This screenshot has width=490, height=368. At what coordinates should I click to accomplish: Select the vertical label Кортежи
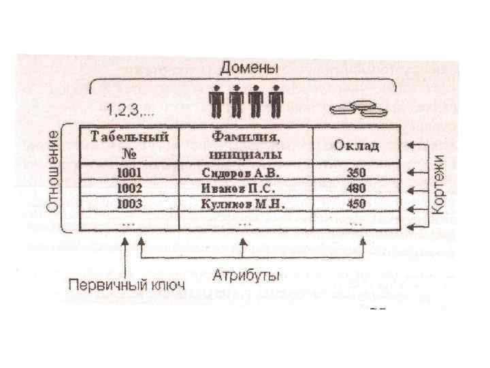coord(440,184)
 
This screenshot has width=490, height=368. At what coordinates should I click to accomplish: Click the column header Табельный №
coord(129,144)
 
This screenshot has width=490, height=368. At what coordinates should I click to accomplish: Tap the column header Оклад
coord(356,145)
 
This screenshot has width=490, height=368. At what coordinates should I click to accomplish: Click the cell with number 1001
coord(129,173)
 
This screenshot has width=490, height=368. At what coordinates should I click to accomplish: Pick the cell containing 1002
coord(129,188)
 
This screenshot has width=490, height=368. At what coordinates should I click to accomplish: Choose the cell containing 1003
coord(129,203)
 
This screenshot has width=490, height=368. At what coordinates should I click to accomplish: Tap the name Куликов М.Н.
coord(242,203)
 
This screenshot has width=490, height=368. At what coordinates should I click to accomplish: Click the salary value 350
coord(356,173)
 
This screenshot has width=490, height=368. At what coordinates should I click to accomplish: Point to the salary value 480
coord(356,188)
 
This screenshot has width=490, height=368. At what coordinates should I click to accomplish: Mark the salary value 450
coord(356,203)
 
